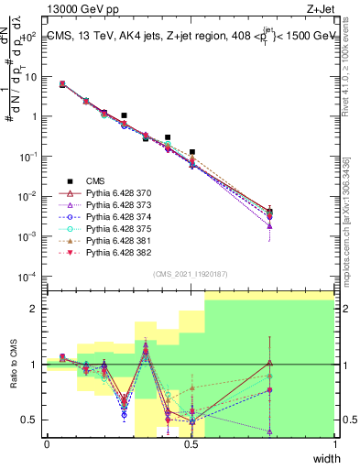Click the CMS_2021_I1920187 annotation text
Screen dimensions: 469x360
click(x=191, y=274)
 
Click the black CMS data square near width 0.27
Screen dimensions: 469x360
click(x=124, y=115)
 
